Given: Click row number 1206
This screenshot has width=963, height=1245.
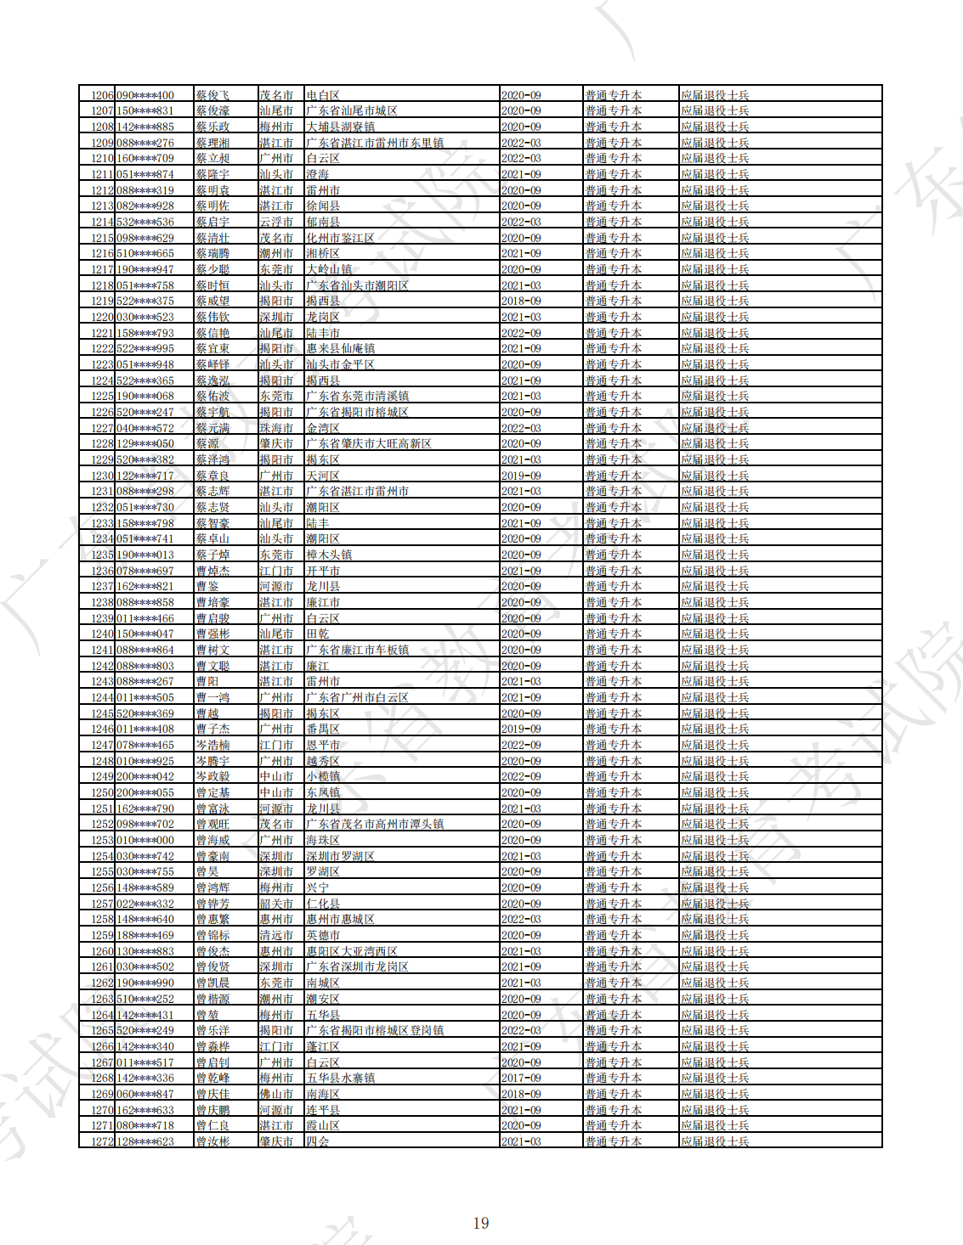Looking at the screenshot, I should pos(102,95).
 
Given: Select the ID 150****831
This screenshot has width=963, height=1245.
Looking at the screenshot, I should pos(144,111).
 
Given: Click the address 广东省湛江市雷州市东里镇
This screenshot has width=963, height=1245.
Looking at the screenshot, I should pos(375,143).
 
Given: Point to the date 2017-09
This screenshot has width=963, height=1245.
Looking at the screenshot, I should pos(521,1079).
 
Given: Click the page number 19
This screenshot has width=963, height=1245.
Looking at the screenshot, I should pos(481,1223).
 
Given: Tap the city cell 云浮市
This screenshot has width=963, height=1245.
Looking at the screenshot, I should pos(276,223).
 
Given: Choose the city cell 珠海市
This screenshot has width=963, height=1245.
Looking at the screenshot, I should pos(276,428).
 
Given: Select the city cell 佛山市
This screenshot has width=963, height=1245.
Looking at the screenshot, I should pos(276,1094).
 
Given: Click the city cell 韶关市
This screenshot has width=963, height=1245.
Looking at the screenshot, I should pos(276,904).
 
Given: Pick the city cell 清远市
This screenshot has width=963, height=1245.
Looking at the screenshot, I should pos(276,936).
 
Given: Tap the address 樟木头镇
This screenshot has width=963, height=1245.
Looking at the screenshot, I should pos(330,555).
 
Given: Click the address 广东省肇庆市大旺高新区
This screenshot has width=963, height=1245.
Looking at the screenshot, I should pos(369,444).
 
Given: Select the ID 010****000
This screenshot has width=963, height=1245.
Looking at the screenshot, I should pos(144,841).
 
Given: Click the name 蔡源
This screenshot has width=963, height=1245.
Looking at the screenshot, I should pos(207,444).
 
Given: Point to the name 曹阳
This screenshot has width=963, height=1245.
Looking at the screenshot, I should pos(207,682).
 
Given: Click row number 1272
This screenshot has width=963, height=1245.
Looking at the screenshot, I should pos(102,1141).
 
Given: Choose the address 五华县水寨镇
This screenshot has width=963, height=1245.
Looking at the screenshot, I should pos(341,1079).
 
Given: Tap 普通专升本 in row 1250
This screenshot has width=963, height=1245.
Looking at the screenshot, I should pos(613,793).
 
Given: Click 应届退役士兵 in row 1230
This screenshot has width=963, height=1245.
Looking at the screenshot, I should pos(715,476).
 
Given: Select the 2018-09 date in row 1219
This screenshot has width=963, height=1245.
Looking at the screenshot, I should pos(521,301).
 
